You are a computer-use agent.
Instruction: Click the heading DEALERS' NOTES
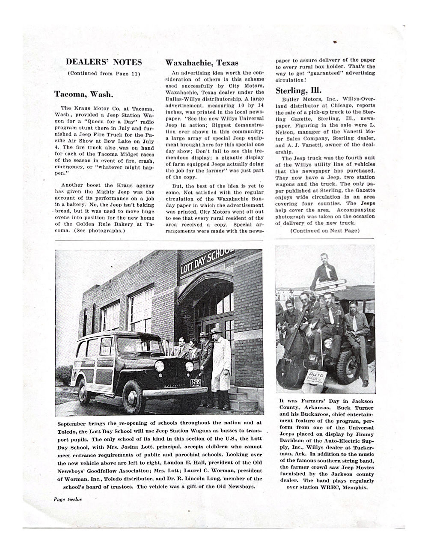(x=104, y=62)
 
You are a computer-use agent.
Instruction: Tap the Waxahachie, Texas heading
(x=202, y=63)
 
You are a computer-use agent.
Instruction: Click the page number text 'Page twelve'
(x=68, y=499)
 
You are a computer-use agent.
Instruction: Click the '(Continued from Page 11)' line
(x=104, y=73)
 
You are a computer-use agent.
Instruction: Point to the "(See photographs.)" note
(x=100, y=230)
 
